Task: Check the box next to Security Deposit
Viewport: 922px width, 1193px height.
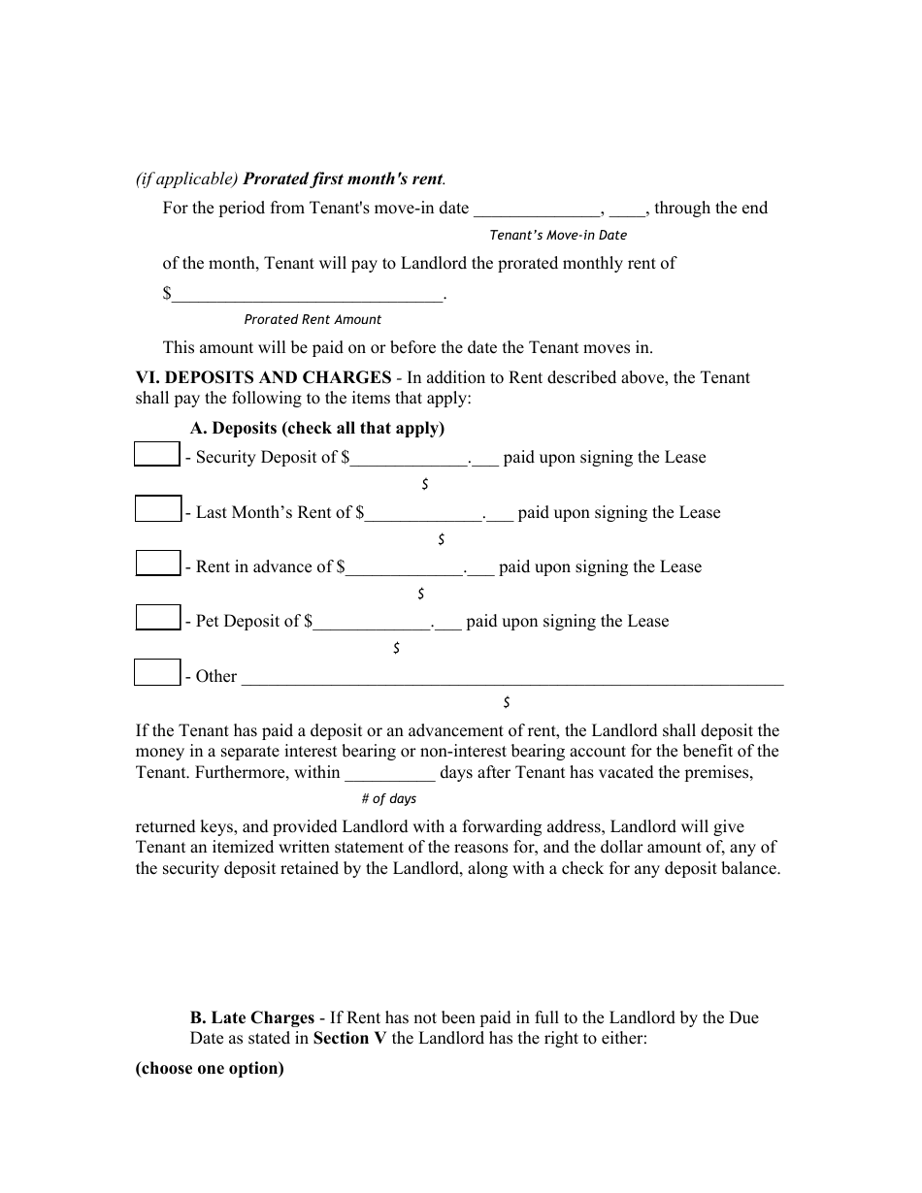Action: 156,454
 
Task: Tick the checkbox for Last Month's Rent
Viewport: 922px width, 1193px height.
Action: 157,509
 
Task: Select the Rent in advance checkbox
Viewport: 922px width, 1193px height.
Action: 157,564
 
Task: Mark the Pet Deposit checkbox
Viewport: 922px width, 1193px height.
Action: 157,618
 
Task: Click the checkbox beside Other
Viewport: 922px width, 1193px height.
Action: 157,673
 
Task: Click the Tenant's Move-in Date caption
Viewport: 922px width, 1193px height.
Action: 558,235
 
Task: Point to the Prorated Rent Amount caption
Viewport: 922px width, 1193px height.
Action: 313,319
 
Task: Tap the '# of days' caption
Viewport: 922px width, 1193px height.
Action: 388,798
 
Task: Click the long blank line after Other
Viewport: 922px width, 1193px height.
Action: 511,678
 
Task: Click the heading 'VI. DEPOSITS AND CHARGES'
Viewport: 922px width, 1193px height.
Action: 262,377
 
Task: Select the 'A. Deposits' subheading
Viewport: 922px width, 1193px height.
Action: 316,428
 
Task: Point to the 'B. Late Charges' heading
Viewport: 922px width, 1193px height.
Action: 252,1017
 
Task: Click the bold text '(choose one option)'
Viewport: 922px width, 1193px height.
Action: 210,1069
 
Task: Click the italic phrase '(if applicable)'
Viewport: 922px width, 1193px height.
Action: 186,179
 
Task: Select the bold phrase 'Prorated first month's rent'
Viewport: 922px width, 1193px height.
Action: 343,179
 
